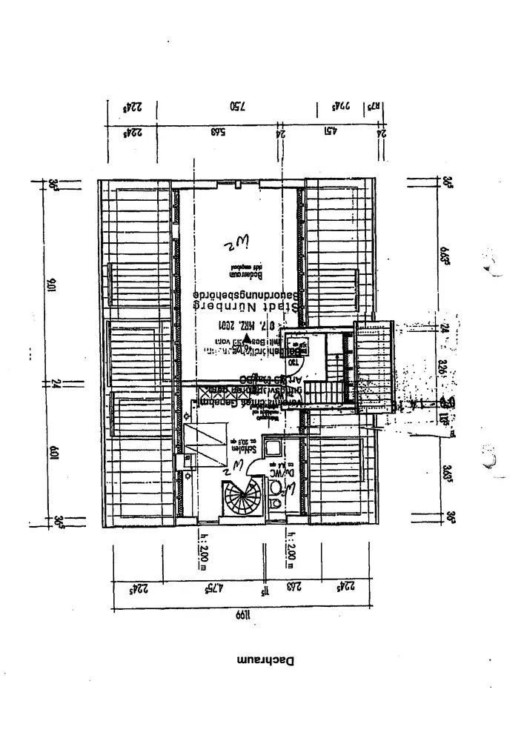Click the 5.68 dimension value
218,133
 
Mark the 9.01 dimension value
53,285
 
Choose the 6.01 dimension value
53,450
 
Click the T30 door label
293,362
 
